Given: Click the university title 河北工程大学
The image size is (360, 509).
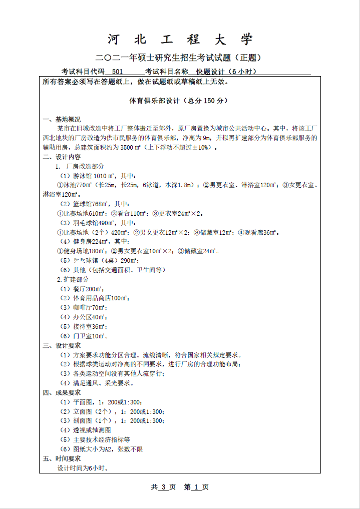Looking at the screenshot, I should tap(180, 40).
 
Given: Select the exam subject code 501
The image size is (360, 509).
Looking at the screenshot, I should tap(118, 72).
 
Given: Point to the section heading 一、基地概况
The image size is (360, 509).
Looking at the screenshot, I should tap(62, 120).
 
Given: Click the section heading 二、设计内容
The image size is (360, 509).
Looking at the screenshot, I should tap(62, 157).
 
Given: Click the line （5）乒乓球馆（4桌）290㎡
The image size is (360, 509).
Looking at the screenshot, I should tap(99, 260).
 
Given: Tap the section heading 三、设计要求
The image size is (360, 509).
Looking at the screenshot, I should tap(62, 345).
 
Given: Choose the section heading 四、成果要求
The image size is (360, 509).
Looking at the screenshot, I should tap(62, 392).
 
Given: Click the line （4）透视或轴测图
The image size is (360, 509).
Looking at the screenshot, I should tap(85, 430).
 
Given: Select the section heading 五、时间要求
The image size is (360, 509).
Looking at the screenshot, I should tap(62, 458).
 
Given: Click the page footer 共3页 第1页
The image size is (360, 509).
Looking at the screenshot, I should tap(180, 487).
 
